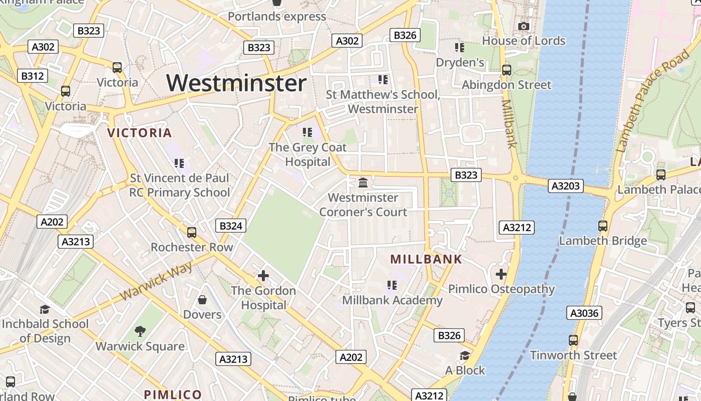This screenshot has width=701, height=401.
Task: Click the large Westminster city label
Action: click(236, 83)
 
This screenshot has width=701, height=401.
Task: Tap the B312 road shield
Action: click(33, 76)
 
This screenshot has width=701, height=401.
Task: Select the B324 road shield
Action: click(231, 226)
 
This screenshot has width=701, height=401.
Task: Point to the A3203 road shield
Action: click(566, 186)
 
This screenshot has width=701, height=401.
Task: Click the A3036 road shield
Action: click(584, 313)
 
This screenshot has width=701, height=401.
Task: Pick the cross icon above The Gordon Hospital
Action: click(263, 275)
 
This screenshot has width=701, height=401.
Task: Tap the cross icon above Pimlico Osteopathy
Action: click(501, 274)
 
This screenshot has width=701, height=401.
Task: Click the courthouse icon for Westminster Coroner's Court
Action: click(363, 182)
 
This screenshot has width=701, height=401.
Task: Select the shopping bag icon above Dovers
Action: click(202, 300)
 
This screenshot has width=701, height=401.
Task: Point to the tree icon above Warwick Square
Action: click(140, 331)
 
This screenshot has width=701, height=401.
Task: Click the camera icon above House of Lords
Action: click(524, 26)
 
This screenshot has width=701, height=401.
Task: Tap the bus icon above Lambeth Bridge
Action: click(603, 226)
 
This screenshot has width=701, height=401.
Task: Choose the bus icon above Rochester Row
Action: click(192, 233)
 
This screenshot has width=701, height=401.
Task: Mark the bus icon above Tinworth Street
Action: click(573, 340)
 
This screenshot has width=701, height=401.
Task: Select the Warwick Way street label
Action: click(156, 281)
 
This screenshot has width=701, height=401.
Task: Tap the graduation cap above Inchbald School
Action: click(45, 309)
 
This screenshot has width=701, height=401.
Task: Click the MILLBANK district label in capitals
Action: click(426, 259)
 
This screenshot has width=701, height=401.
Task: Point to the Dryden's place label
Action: click(460, 62)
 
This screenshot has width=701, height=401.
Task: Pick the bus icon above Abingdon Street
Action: click(507, 70)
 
